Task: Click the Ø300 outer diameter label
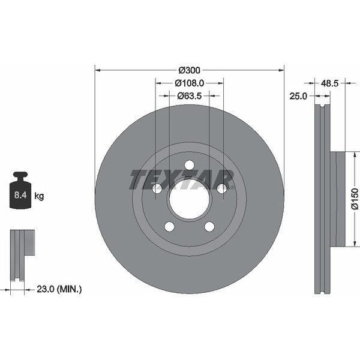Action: coord(190,69)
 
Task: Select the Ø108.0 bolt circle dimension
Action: coord(190,83)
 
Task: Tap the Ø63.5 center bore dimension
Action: coord(190,95)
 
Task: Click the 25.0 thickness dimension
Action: coord(298,95)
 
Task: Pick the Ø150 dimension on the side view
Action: coord(354,199)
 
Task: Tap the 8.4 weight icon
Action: coord(20,191)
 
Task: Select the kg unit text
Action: coord(39,196)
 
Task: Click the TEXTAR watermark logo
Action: coord(182,179)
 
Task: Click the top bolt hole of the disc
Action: coord(190,165)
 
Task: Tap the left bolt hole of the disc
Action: coord(157,188)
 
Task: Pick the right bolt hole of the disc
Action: coord(221,188)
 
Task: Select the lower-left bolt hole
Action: coord(170,226)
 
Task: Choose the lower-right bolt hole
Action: coord(209,226)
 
